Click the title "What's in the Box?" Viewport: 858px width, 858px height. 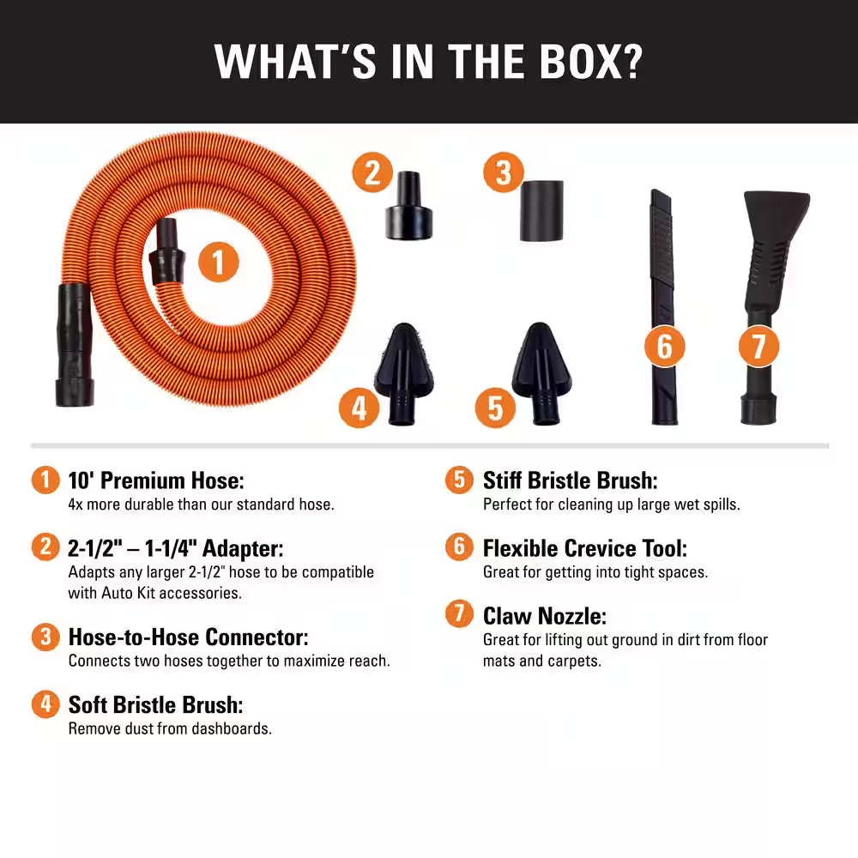(x=428, y=61)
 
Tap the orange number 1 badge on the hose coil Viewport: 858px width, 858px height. (x=218, y=262)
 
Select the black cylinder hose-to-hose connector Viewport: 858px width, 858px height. (x=541, y=211)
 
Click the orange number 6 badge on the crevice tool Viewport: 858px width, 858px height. (x=664, y=347)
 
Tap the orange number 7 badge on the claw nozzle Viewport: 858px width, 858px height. (x=758, y=347)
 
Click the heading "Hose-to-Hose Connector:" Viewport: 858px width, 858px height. (x=188, y=637)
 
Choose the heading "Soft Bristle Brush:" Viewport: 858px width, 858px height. (x=155, y=705)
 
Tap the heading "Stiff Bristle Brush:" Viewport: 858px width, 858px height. (x=570, y=480)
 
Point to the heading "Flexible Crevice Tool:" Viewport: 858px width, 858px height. (x=584, y=548)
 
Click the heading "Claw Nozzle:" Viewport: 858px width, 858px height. (x=545, y=616)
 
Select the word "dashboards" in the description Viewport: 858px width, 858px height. (x=233, y=728)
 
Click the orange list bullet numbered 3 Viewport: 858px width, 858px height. (x=45, y=637)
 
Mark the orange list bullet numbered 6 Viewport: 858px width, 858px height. (x=459, y=547)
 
